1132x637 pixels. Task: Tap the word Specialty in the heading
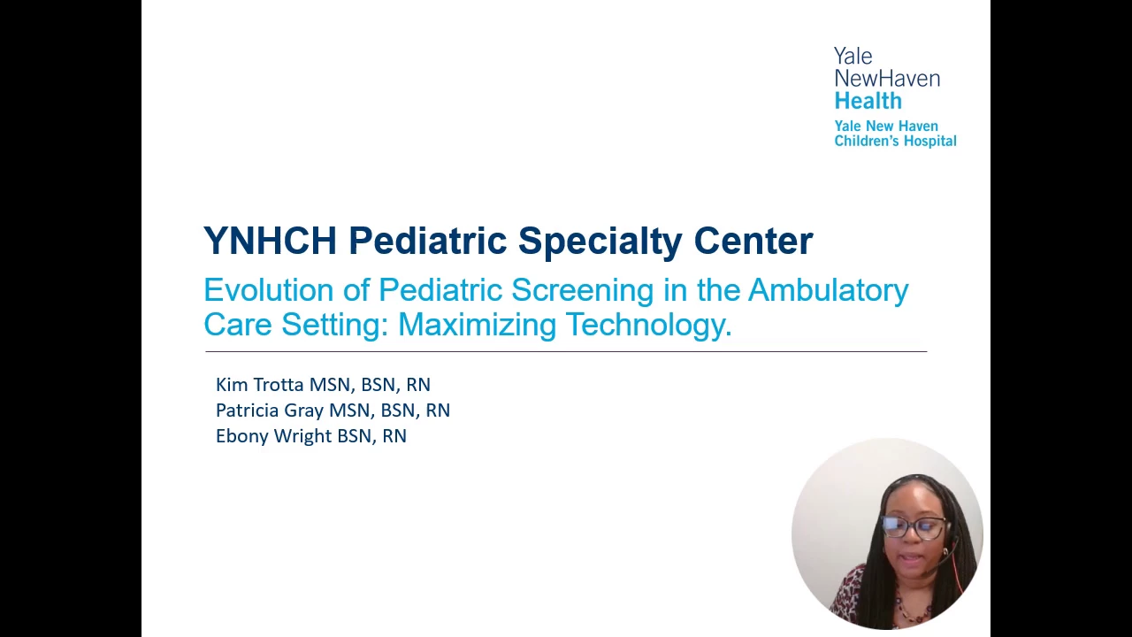pos(600,242)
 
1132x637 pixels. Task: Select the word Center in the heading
pos(753,241)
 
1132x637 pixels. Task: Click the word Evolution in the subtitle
pos(268,290)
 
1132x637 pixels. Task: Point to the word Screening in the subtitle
pos(582,292)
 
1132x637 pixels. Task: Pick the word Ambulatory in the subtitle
pos(829,292)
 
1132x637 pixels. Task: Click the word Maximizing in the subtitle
pos(477,325)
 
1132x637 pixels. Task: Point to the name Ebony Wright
pos(274,436)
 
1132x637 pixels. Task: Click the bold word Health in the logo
pos(868,101)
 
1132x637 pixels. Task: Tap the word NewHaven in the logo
pos(887,79)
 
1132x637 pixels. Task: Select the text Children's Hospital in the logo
pos(895,141)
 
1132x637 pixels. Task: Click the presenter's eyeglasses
pos(914,526)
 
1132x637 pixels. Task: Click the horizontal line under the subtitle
pos(566,351)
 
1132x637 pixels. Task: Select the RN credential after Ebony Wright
pos(394,436)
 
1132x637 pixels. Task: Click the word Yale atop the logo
pos(853,56)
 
